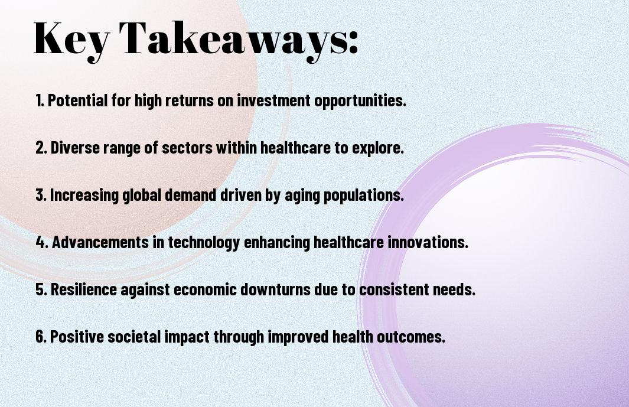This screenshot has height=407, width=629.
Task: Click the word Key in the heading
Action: [x=71, y=40]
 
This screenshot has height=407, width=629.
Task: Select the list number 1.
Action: [x=39, y=100]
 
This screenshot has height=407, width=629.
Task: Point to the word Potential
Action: [x=78, y=100]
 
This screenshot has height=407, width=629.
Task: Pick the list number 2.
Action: [x=41, y=148]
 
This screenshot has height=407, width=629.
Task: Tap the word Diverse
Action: [x=75, y=148]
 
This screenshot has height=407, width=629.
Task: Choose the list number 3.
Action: [x=41, y=195]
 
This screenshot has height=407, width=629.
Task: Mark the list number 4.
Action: [x=42, y=242]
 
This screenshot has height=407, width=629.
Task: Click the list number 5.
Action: [x=41, y=289]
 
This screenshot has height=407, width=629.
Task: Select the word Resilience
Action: [x=84, y=289]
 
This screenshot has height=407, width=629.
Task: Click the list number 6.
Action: [x=41, y=337]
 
